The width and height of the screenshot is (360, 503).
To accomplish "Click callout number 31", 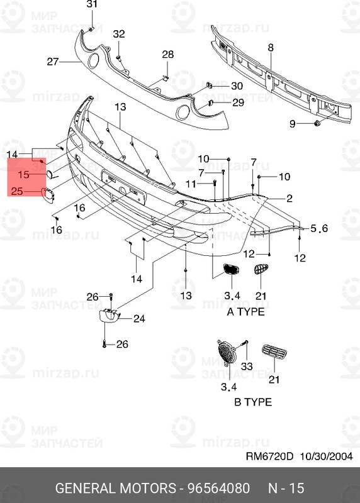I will (x=93, y=5).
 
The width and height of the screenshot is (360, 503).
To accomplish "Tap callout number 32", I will (x=119, y=34).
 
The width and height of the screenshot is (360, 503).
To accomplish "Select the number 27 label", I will (x=52, y=62).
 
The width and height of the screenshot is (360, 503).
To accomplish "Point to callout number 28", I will (x=167, y=55).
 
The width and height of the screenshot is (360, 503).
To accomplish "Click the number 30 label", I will (x=237, y=86).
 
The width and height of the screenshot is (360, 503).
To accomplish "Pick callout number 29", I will (x=238, y=102).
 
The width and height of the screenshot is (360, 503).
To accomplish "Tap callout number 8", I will (x=271, y=48).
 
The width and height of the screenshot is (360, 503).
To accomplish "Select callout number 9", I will (x=293, y=124).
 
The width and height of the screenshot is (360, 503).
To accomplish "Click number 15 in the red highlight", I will (x=23, y=174).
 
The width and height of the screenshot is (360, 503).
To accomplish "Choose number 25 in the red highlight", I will (x=18, y=192).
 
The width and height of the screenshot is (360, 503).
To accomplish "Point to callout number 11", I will (x=191, y=183).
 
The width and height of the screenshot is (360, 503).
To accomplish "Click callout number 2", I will (x=290, y=199).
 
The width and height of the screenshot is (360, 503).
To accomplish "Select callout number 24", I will (x=138, y=319).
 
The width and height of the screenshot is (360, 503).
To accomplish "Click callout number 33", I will (x=246, y=366).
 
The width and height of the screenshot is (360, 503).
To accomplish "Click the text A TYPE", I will (x=245, y=312).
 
